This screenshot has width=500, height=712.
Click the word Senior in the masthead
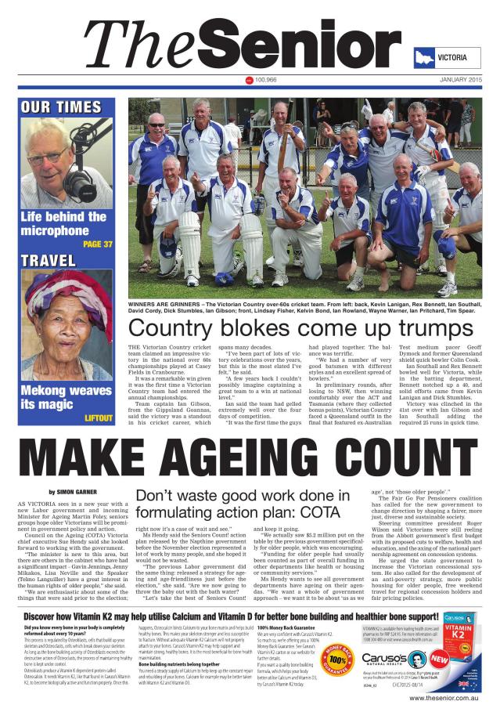(304, 45)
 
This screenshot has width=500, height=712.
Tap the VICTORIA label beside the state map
(452, 58)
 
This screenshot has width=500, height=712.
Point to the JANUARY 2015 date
(460, 80)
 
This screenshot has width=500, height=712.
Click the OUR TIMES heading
(60, 107)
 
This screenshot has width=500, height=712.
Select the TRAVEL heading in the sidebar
(49, 261)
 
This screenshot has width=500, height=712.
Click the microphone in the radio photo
(84, 172)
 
